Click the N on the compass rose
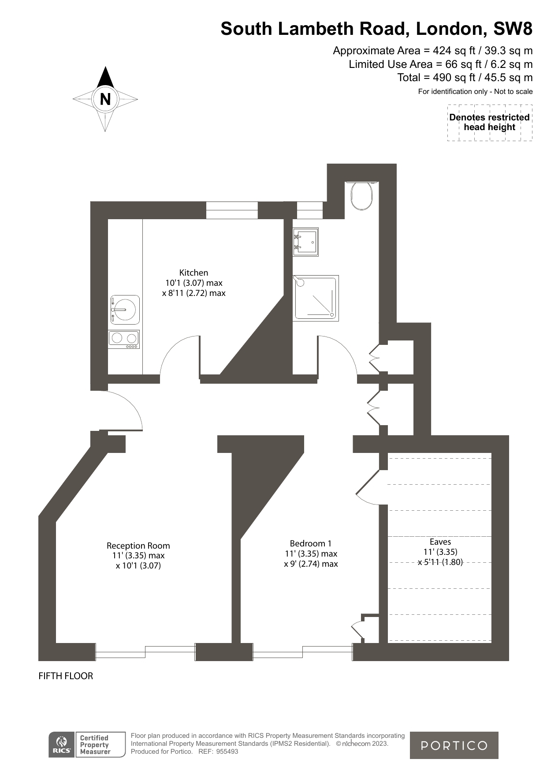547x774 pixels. (x=105, y=99)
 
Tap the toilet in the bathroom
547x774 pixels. (x=362, y=195)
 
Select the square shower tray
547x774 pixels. (x=316, y=298)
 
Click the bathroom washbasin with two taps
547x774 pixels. (x=305, y=242)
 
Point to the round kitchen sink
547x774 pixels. (x=125, y=309)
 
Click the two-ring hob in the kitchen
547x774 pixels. (x=124, y=339)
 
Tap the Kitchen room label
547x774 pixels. (x=193, y=273)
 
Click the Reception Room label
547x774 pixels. (x=138, y=546)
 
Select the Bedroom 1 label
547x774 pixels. (x=311, y=543)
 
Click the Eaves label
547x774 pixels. (x=440, y=542)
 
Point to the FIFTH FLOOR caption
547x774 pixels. (x=66, y=676)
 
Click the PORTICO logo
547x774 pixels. (x=454, y=745)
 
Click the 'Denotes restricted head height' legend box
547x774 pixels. (x=489, y=123)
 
